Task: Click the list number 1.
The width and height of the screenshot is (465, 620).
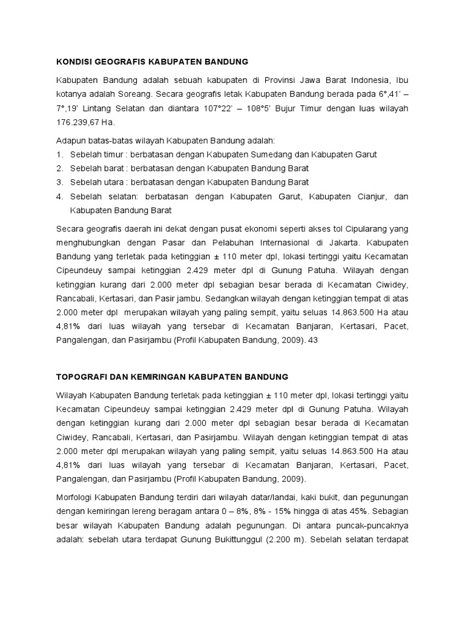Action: pyautogui.click(x=59, y=154)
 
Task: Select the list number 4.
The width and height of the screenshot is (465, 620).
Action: pyautogui.click(x=59, y=197)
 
